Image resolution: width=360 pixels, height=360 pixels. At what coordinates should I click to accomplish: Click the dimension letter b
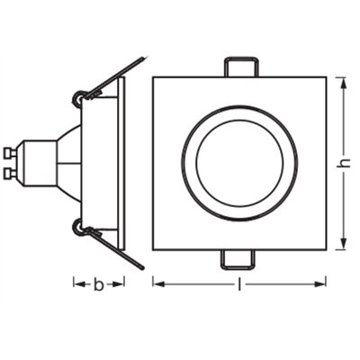coord(98,284)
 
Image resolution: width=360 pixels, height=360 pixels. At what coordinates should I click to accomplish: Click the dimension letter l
coord(239,283)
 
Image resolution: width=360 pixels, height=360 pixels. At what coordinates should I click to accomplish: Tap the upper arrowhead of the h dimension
coord(344,83)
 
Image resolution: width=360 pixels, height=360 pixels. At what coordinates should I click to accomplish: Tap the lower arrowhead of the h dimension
coord(344,243)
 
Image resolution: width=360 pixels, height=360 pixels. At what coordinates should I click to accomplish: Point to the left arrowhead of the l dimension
coord(159,283)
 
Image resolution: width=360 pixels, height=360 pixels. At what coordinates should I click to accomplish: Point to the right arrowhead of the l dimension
coord(320,283)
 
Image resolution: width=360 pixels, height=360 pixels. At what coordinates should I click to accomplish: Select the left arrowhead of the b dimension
coord(79,283)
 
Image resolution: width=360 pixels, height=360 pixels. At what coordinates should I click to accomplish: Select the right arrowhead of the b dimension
coord(119,283)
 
